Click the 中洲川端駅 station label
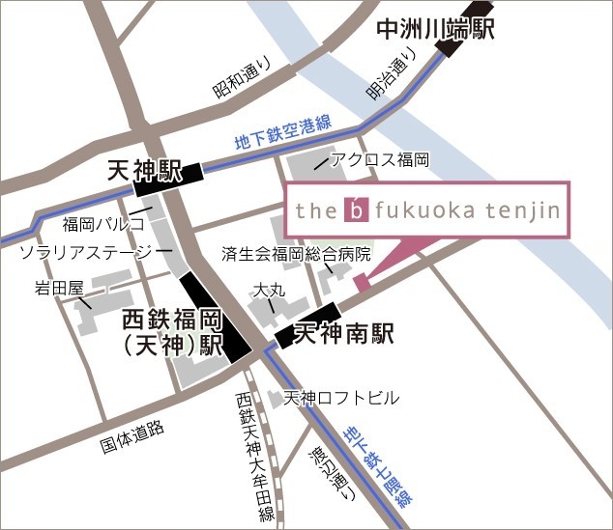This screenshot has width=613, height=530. (435, 29)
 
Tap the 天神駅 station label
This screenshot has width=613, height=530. (144, 173)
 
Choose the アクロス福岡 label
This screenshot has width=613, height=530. (380, 159)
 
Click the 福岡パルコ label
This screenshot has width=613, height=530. (103, 225)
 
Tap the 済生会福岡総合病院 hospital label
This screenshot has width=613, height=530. (296, 255)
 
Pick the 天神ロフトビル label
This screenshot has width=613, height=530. (340, 398)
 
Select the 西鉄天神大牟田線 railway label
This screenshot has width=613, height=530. (253, 455)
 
